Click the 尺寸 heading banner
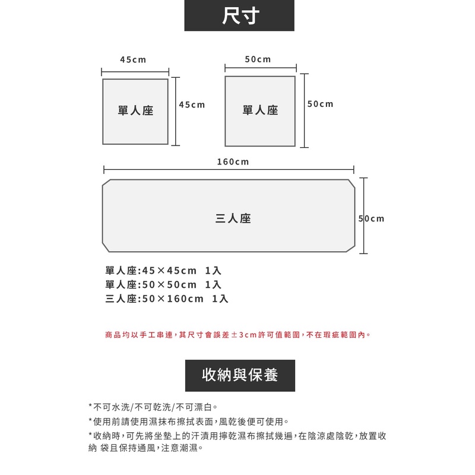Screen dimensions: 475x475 tap(239, 15)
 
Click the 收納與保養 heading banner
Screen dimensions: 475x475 tap(239, 375)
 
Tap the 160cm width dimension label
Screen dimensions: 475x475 tap(233, 161)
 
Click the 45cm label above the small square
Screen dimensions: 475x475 tap(133, 60)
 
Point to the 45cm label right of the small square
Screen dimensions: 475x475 tap(192, 104)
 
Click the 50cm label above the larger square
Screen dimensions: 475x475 tap(258, 59)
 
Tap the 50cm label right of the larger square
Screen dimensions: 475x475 tap(321, 104)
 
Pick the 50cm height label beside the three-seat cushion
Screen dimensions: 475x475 tap(372, 219)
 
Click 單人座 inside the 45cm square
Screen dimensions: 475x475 tap(135, 110)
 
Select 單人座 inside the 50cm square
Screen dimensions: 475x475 tap(260, 110)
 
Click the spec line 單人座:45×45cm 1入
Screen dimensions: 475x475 tap(163, 271)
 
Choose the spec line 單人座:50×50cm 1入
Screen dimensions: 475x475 tap(163, 285)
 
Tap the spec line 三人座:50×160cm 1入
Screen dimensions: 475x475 tap(167, 299)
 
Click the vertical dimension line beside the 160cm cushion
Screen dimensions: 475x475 tap(364, 216)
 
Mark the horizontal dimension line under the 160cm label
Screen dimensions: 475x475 tap(229, 170)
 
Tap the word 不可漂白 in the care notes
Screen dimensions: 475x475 tap(195, 407)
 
